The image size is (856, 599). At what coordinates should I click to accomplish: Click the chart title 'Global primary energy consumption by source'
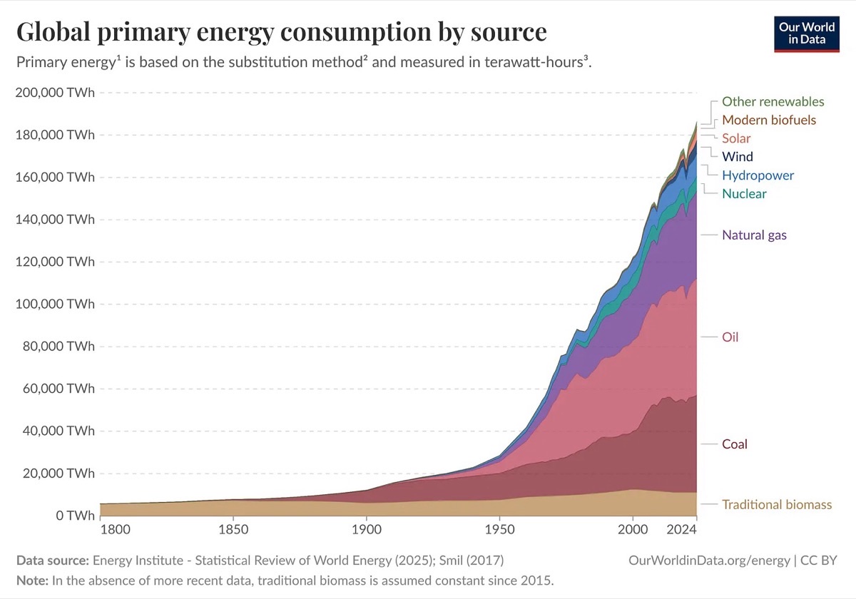[x=281, y=32]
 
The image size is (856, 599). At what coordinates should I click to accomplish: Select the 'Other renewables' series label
[x=773, y=101]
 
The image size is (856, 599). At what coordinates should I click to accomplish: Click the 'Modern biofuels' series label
[x=768, y=120]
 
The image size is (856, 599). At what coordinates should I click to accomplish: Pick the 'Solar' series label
[x=736, y=138]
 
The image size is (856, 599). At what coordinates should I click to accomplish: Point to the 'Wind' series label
[x=737, y=156]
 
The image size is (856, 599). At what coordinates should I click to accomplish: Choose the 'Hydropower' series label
[x=758, y=175]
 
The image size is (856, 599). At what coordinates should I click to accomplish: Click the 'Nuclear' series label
[x=744, y=193]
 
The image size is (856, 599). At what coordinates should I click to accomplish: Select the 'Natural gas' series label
[x=754, y=235]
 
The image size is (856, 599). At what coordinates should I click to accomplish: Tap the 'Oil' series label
[x=730, y=337]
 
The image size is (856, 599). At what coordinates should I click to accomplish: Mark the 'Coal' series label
[x=734, y=444]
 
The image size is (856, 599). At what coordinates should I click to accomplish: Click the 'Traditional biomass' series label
[x=777, y=505]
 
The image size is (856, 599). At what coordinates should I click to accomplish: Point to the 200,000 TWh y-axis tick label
[x=55, y=93]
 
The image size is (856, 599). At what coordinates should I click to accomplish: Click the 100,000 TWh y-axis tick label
[x=55, y=304]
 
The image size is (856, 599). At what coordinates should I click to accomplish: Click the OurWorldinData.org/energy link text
[x=710, y=560]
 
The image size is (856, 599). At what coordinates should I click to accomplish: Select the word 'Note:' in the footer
[x=32, y=580]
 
